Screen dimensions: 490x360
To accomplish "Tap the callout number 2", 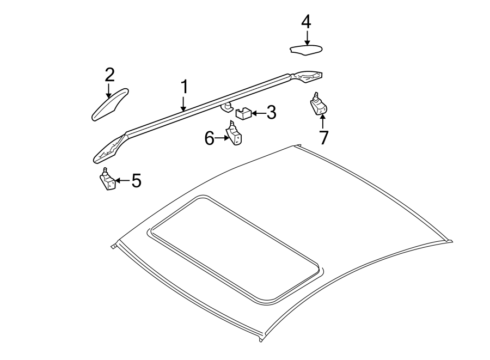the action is click(109, 74).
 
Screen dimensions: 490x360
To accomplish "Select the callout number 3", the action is click(271, 113).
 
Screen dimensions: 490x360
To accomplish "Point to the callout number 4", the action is click(306, 22).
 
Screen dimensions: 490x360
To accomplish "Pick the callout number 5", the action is click(136, 180).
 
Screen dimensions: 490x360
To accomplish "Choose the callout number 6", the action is click(210, 139).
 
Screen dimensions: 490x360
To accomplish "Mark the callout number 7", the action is click(324, 138).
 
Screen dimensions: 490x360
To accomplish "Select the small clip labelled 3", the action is click(242, 114).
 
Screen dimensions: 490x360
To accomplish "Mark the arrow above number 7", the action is click(322, 120).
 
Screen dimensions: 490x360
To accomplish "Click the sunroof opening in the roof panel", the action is click(234, 248).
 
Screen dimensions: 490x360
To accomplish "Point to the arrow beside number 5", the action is click(122, 180).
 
